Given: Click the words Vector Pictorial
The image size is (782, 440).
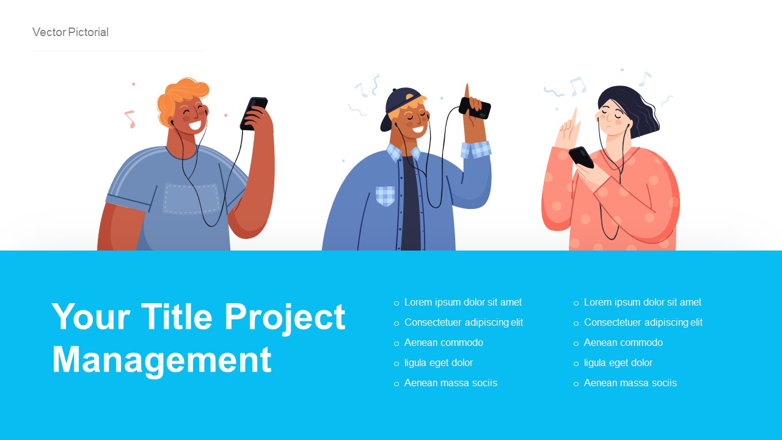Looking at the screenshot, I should coord(70,32).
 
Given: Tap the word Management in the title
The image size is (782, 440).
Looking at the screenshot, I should coord(162,359).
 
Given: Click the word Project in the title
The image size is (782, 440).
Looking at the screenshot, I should coord(285,317).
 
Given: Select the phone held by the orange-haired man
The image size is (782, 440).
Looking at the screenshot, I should coord(254,113).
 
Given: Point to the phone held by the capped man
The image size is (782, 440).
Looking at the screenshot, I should coord(475,108).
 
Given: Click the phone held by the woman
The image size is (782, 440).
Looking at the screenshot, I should coord(581,156).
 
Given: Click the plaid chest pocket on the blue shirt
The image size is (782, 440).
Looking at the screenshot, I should coord(385,196).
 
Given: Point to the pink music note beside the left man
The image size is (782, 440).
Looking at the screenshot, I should coord(130,118).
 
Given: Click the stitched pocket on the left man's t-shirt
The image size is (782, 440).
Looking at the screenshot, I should coord(191,199).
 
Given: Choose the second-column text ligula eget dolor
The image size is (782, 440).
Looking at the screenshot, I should coord(618,363).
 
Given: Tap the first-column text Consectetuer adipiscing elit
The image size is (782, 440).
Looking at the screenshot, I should coord(463,323).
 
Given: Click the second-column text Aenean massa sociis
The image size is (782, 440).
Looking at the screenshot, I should coord(630,383).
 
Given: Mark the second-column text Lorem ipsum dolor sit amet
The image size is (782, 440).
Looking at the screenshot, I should coord(642,302).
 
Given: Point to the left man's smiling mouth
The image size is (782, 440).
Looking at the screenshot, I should coord(194,125).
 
